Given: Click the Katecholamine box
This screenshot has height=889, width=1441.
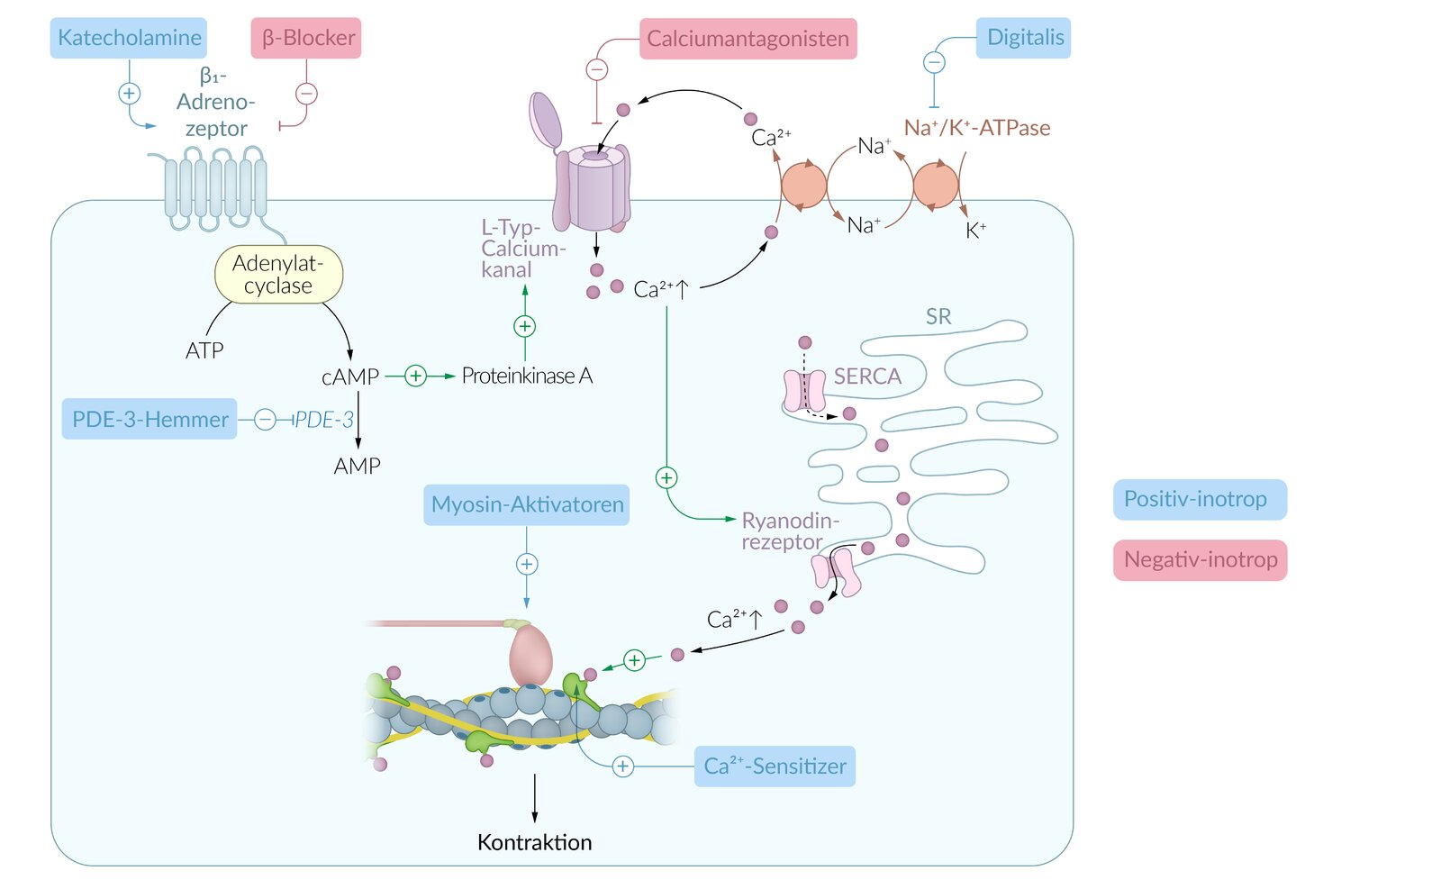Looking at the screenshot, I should pos(128,38).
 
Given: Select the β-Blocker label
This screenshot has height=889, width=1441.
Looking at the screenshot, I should pos(306,38).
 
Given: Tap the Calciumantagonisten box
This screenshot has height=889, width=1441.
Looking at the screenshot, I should pos(748,39).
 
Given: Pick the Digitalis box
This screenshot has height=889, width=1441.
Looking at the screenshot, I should pos(1024,38).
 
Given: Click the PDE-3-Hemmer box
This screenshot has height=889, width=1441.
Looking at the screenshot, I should pos(150,419).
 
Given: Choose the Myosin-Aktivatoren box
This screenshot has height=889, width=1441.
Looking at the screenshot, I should pos(527,504).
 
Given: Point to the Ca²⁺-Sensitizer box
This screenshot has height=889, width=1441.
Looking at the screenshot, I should pos(775,767).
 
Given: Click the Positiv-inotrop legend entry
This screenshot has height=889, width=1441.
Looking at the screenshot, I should pos(1200,499).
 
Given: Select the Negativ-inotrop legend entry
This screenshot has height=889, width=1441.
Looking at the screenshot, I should pos(1200,560).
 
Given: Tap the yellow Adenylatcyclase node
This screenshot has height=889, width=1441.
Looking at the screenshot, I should pos(278,275).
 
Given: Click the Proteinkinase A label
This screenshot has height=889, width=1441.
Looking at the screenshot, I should pos(527,376).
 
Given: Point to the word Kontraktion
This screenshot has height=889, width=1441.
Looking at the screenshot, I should pos(534,842).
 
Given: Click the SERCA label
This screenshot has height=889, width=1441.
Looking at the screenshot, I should pos(867,376).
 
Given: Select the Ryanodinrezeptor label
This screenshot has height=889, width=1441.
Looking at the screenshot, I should pos(789,531).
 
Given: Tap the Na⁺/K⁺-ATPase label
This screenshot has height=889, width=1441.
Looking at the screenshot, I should pos(977,128).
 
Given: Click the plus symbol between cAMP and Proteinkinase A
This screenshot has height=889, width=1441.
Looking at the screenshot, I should pos(415,376).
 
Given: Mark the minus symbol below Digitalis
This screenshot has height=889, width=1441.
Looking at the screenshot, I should pos(935,62).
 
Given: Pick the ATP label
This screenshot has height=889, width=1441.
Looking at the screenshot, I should pos(204,350).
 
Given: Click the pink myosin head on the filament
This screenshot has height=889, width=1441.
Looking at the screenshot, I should pos(530,656).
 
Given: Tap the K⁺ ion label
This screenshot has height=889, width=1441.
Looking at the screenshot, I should pos(975,231).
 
